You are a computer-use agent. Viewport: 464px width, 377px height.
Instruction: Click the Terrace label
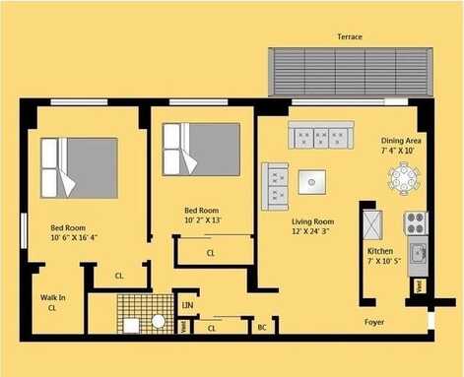(x=350, y=36)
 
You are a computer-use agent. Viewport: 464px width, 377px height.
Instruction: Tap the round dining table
(x=403, y=179)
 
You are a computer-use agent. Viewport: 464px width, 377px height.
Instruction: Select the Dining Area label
(x=401, y=141)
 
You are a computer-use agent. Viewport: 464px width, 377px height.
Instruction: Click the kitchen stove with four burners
(x=416, y=223)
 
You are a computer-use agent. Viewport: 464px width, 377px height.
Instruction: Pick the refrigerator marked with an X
(x=372, y=225)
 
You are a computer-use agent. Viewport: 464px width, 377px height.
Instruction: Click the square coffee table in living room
(x=311, y=182)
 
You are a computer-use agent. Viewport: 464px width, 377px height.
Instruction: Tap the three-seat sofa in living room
(x=321, y=135)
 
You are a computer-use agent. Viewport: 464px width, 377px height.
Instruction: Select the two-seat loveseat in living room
(x=275, y=186)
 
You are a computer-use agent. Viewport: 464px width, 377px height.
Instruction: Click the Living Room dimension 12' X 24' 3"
(x=310, y=231)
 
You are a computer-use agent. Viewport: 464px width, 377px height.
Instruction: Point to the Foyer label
(x=374, y=322)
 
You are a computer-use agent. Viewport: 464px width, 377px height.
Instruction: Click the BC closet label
(x=262, y=327)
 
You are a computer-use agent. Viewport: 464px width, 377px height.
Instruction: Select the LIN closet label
(x=187, y=305)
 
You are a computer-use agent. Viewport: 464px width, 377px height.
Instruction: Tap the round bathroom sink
(x=159, y=322)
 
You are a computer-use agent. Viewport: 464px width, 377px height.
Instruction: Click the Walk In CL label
(x=52, y=302)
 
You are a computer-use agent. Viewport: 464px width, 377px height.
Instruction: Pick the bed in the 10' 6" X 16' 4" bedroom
(x=79, y=168)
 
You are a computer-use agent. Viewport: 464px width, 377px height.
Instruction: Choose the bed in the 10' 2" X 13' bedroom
(x=201, y=150)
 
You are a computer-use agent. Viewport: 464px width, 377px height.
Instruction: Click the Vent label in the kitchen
(x=419, y=286)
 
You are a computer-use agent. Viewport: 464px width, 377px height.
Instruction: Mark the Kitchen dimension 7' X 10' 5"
(x=384, y=262)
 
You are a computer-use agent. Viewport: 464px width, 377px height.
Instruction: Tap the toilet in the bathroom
(x=131, y=326)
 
